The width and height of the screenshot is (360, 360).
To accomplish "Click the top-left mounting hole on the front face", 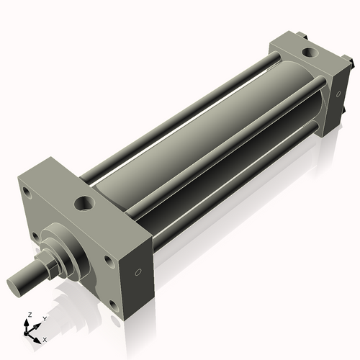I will pyautogui.click(x=27, y=193).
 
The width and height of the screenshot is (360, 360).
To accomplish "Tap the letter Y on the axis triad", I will pyautogui.click(x=44, y=318).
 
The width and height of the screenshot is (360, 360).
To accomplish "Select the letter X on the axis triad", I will pyautogui.click(x=45, y=338).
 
